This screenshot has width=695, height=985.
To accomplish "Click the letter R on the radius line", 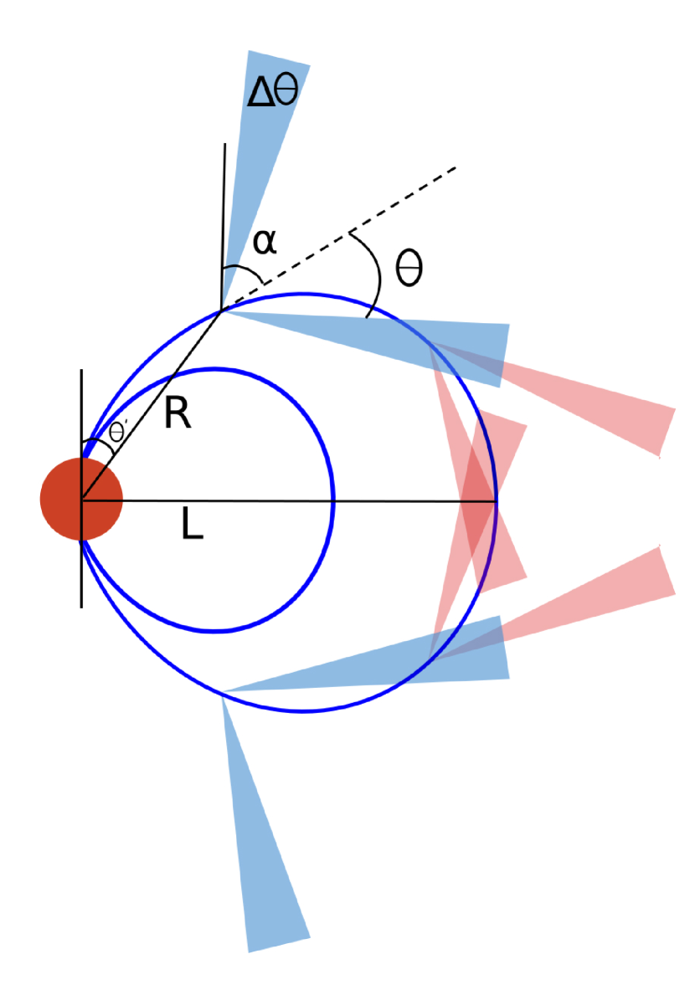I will coord(178,414).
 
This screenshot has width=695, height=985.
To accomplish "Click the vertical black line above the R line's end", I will coord(224,209).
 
